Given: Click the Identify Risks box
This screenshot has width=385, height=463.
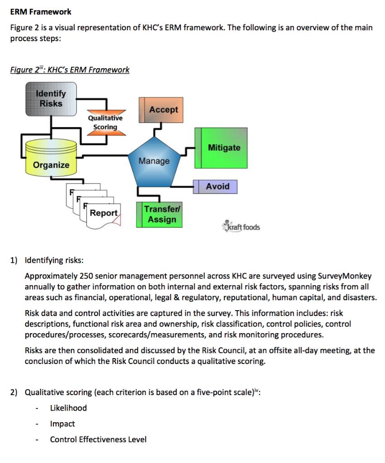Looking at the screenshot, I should click(50, 99).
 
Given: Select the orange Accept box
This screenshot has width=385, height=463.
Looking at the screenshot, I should click(161, 110).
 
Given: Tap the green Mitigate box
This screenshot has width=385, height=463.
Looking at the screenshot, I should click(221, 148).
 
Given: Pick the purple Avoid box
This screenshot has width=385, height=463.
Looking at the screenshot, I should click(216, 186).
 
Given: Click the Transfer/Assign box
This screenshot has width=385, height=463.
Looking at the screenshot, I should click(160, 214).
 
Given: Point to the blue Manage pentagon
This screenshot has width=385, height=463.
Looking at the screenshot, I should click(154, 162).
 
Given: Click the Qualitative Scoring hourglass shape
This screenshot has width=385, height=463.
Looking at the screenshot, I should click(105, 123).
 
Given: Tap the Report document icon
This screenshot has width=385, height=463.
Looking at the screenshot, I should click(104, 213).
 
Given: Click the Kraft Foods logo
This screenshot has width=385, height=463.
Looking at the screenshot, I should click(242, 227).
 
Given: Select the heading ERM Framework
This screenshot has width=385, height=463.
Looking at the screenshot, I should click(41, 11).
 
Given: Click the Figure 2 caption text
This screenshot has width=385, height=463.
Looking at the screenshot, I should click(70, 70).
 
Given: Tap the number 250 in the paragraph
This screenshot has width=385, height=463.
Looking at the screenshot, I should click(86, 276).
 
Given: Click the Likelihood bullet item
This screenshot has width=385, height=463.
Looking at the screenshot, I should click(68, 408).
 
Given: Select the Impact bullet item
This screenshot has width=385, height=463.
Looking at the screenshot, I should click(62, 424).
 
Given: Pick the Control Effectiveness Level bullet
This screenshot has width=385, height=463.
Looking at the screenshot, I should click(98, 439).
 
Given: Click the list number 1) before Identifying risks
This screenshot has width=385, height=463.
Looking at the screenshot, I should click(14, 260).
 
